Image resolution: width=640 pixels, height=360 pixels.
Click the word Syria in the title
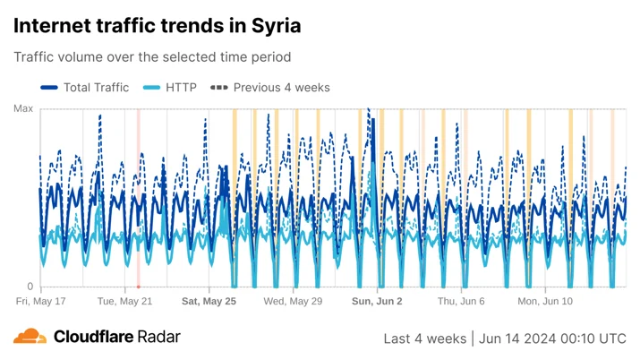point(276,26)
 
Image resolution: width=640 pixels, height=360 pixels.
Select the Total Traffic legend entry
point(84,88)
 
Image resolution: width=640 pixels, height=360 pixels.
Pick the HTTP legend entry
point(170,88)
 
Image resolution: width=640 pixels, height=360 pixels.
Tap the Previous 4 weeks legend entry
point(269,88)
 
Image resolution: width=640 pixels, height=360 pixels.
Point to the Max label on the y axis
point(23,108)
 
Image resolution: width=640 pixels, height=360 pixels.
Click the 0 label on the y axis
point(30,287)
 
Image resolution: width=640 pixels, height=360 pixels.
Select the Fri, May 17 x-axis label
point(41,301)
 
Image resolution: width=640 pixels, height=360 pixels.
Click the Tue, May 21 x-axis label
point(124,301)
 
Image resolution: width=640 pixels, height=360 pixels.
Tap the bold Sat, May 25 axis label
point(209,301)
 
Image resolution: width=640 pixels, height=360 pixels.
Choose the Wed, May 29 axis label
point(293,301)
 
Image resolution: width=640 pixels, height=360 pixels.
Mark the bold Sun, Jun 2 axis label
point(377,301)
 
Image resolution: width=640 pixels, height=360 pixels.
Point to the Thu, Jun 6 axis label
point(461,301)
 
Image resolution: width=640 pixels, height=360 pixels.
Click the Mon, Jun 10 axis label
point(545,301)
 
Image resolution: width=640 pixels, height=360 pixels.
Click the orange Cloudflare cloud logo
point(30,336)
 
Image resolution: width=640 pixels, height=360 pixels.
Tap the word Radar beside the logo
point(158,337)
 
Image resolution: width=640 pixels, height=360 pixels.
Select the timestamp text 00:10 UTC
point(593,339)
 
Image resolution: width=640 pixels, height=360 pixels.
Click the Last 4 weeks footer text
point(425,339)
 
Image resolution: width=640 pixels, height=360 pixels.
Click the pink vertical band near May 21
point(139,199)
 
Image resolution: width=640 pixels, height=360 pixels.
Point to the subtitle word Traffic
point(34,56)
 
